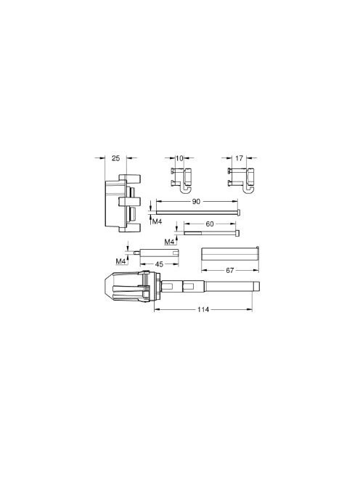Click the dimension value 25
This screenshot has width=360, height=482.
click(x=115, y=158)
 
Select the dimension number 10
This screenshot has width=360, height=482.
click(x=179, y=158)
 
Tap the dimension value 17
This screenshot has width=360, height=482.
click(x=239, y=158)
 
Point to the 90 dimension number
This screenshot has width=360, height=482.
click(x=196, y=201)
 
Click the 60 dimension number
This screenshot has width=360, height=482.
click(x=209, y=224)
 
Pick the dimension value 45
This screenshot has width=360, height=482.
click(x=159, y=264)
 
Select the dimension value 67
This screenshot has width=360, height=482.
click(x=229, y=271)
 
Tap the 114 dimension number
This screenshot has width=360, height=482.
click(x=203, y=309)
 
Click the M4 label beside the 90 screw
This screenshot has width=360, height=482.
click(x=157, y=221)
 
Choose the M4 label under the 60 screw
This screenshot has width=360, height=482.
click(x=169, y=242)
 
